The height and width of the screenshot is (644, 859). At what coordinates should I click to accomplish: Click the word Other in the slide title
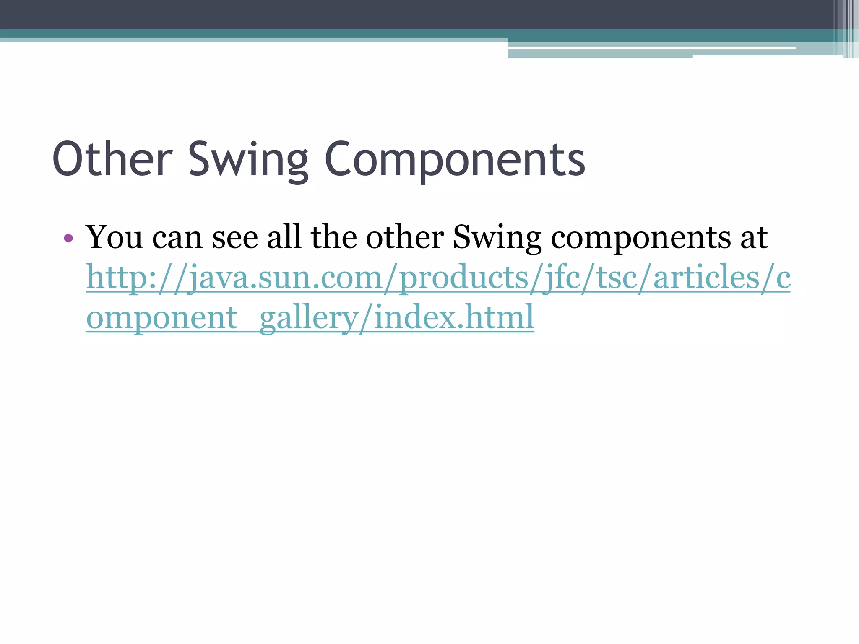tap(112, 160)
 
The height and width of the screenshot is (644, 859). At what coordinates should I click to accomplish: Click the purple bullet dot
tap(68, 239)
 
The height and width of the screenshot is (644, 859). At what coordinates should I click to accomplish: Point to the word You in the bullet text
tap(114, 237)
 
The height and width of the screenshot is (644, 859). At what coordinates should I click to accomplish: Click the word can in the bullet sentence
tap(177, 238)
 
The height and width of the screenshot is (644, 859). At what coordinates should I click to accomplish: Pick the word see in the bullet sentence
tap(235, 238)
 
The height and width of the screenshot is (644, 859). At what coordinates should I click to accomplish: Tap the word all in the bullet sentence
tap(284, 237)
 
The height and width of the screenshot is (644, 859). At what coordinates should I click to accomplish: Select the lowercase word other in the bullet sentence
tap(405, 237)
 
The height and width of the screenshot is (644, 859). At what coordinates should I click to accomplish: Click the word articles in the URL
tap(707, 278)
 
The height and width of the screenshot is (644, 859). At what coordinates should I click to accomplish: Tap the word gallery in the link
tap(308, 318)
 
